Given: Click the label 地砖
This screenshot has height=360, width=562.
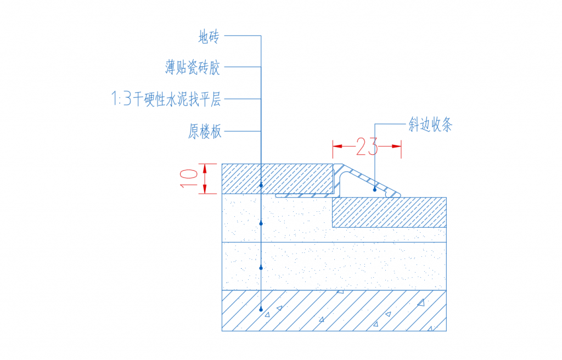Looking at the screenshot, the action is click(x=209, y=37).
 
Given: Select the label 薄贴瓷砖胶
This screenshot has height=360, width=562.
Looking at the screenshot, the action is click(x=193, y=67).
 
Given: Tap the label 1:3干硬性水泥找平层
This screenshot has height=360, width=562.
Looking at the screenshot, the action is click(x=166, y=99).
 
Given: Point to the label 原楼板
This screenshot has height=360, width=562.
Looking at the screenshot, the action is click(x=205, y=131).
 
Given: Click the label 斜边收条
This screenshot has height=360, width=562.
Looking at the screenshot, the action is click(x=430, y=125).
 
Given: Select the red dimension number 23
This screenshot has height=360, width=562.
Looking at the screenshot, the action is click(x=367, y=147).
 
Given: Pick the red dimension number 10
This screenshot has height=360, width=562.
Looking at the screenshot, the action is click(x=189, y=178).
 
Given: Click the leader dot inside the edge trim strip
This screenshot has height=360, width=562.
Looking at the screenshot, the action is click(x=375, y=190).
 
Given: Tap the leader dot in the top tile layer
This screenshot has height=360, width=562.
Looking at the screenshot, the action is click(x=261, y=185).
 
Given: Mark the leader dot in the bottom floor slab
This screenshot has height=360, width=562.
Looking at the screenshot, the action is click(x=261, y=310).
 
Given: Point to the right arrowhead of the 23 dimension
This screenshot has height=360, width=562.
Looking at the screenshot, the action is click(x=396, y=147).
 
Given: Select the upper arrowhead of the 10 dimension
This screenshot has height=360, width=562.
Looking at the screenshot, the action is click(x=205, y=168).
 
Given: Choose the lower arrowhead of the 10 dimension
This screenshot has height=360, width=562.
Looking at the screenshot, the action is click(x=205, y=189).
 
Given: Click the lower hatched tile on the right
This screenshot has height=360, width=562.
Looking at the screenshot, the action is click(x=389, y=212).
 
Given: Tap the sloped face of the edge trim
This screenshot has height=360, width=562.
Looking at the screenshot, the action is click(x=370, y=180).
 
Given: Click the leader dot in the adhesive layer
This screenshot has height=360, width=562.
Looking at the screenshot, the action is click(x=261, y=223).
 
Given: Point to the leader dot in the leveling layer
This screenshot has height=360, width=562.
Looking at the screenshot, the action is click(x=261, y=268).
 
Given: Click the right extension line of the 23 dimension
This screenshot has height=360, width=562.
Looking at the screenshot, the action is click(x=401, y=149).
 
